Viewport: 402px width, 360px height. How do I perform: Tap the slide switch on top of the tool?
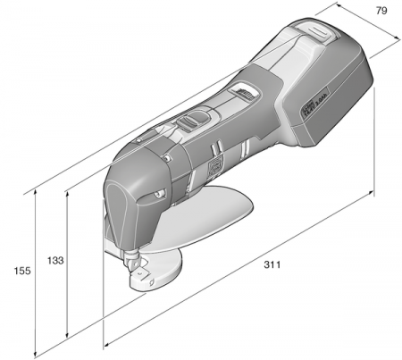193,122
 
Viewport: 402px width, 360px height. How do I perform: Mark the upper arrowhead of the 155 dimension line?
35,188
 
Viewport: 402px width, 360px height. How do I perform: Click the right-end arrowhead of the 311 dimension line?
373,194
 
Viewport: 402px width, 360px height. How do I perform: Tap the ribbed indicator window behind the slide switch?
242,91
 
